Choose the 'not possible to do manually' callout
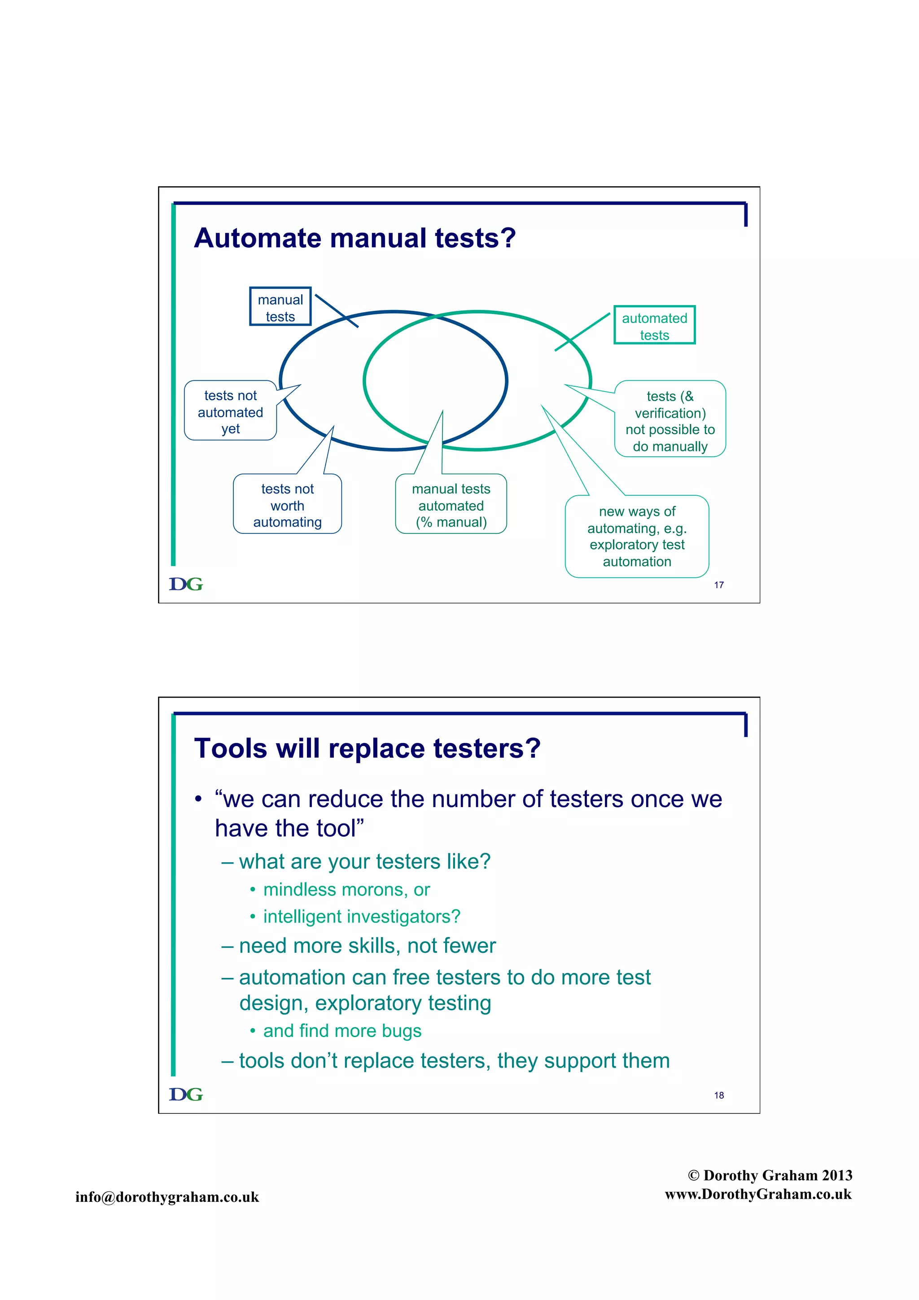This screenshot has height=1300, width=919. tap(670, 421)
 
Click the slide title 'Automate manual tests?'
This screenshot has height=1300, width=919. tap(354, 238)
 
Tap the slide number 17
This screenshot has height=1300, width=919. tap(718, 585)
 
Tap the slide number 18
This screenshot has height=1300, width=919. tap(718, 1095)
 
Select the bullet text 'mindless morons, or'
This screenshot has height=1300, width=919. tap(346, 890)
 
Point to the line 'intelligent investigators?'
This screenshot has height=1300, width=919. tap(361, 916)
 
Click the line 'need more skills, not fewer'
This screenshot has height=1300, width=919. tap(367, 946)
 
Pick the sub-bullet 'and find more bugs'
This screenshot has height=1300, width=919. tap(342, 1030)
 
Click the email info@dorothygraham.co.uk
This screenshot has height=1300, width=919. tap(167, 1196)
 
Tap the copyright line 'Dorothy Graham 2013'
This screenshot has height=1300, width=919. tap(770, 1175)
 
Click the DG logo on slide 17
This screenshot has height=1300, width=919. tap(186, 584)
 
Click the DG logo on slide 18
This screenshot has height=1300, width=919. tap(186, 1094)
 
